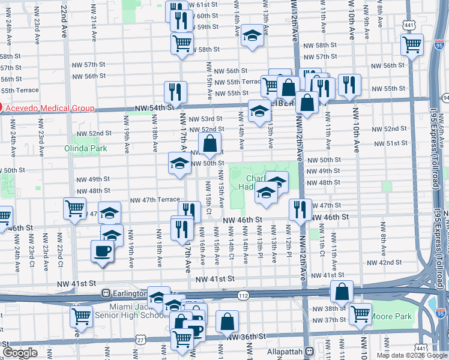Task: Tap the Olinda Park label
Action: tap(82, 148)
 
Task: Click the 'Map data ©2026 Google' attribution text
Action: tap(412, 355)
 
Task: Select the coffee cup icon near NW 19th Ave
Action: tap(102, 250)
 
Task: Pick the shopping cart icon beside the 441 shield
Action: tap(412, 43)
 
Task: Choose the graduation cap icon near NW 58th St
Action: tap(252, 34)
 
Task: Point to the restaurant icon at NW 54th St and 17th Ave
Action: tap(175, 91)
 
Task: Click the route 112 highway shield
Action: tap(243, 295)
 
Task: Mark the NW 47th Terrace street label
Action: tap(155, 200)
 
